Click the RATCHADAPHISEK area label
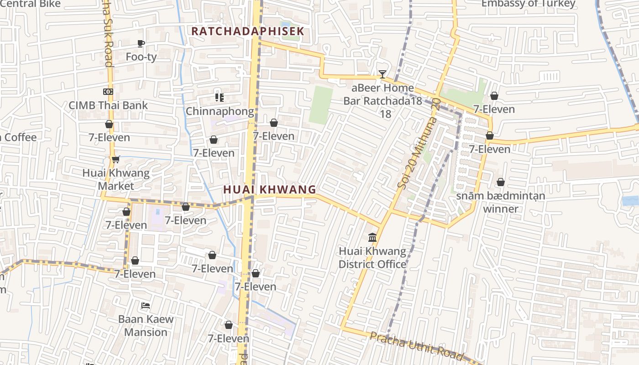(x=247, y=31)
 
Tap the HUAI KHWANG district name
(x=269, y=189)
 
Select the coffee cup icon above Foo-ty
(x=141, y=43)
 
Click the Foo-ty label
(x=141, y=57)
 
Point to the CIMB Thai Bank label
(x=108, y=105)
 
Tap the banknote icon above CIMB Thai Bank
(x=108, y=92)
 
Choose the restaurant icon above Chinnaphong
(x=220, y=98)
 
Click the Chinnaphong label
(x=220, y=111)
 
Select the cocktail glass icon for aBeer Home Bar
(x=382, y=74)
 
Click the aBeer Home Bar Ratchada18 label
(x=382, y=94)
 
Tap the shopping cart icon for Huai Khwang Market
(x=115, y=159)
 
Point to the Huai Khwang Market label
(x=116, y=179)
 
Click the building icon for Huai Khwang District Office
(x=372, y=238)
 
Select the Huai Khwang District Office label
(x=372, y=258)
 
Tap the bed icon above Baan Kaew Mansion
(x=146, y=305)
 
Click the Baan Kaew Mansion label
(x=146, y=325)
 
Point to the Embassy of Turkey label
(x=528, y=4)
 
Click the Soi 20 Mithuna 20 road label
(x=418, y=144)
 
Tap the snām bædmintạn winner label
(x=501, y=202)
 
